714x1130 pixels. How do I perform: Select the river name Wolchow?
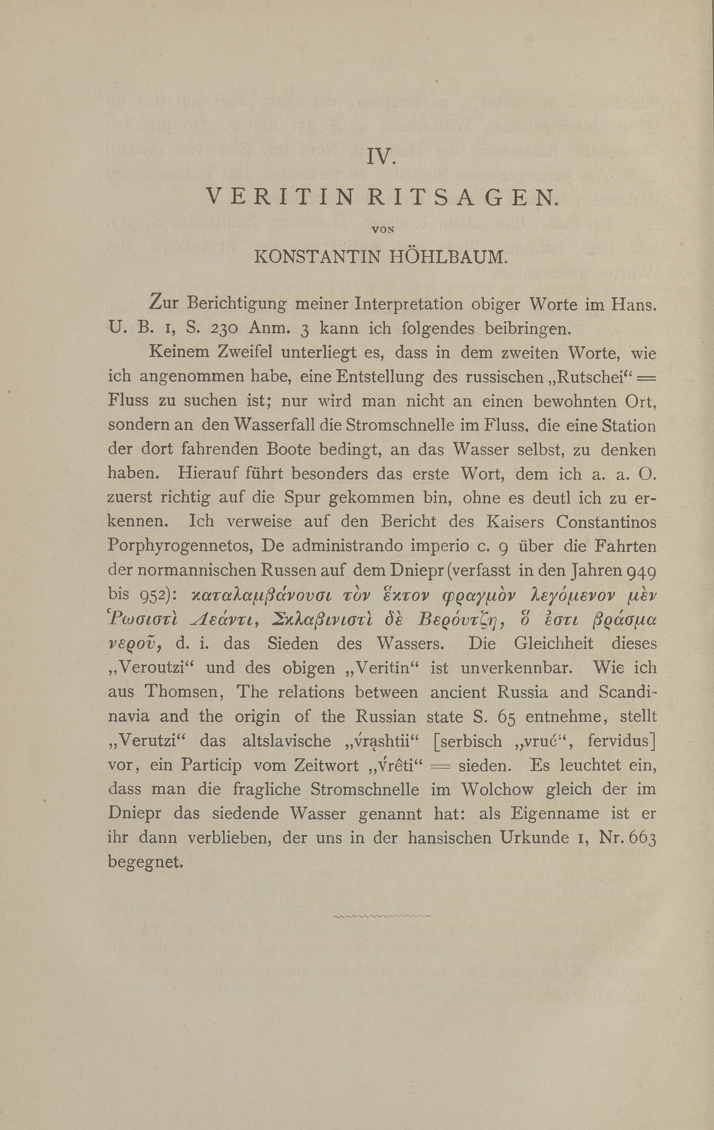[x=497, y=790]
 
